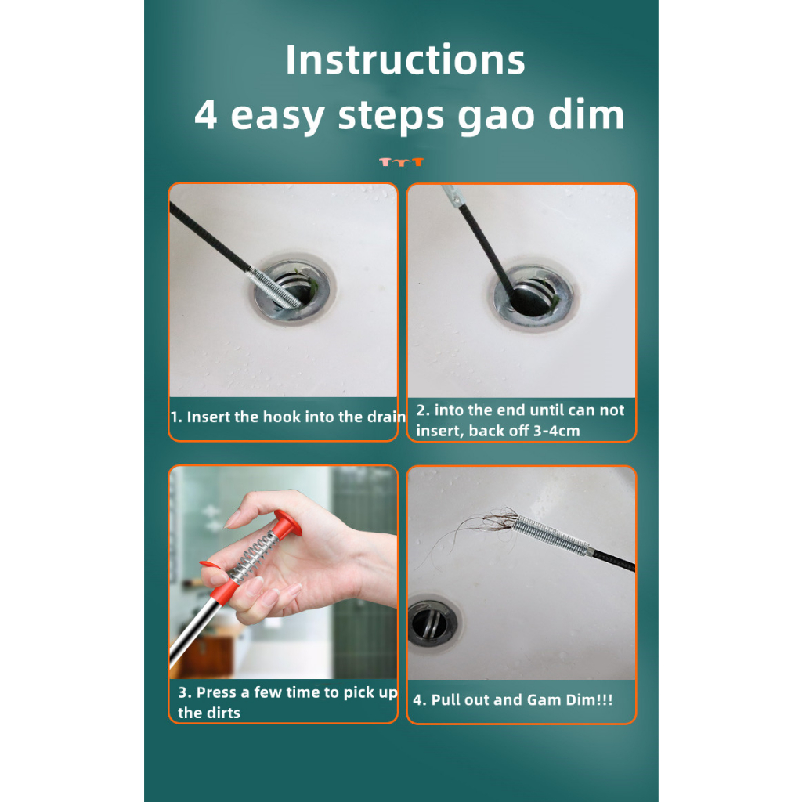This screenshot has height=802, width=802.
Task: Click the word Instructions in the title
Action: [x=405, y=60]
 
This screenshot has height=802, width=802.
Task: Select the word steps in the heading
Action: [x=391, y=117]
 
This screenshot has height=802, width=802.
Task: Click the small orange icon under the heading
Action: [x=402, y=162]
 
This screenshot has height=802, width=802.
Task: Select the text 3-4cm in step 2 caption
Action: [x=557, y=431]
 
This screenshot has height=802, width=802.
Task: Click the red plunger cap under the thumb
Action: [x=287, y=522]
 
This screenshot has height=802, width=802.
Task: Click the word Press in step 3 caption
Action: [x=216, y=692]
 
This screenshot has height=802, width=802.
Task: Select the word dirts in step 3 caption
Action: [x=223, y=713]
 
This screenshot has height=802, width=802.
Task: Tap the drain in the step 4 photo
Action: [x=432, y=622]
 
